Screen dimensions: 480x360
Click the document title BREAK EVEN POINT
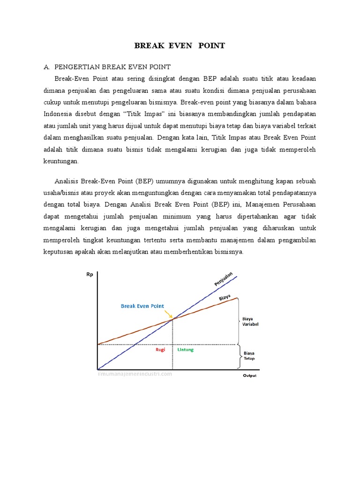coord(180,45)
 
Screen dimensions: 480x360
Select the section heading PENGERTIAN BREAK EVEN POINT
coord(112,67)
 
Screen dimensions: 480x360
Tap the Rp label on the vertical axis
coord(90,275)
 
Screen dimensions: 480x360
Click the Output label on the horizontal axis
coord(250,375)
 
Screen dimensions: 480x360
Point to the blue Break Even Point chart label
coord(142,306)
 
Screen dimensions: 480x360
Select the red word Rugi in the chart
coord(160,350)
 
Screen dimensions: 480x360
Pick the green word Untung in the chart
coord(185,350)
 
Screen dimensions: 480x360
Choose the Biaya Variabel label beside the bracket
coord(250,321)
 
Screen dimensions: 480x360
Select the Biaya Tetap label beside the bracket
coord(249,355)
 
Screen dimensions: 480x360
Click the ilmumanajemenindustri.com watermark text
coord(135,374)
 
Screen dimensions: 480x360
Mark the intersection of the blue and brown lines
coord(173,319)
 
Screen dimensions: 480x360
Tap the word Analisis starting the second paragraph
coord(67,181)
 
